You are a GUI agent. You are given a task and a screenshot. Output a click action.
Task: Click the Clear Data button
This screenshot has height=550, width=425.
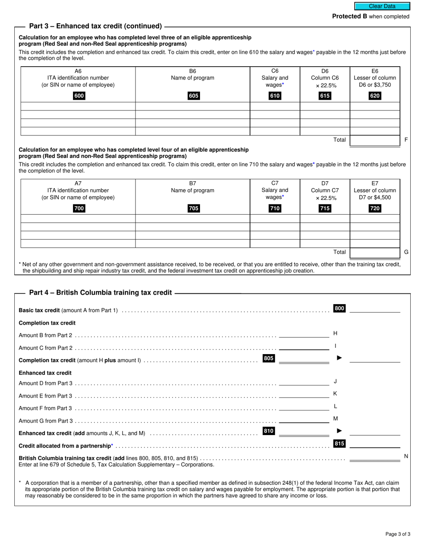[x=382, y=6]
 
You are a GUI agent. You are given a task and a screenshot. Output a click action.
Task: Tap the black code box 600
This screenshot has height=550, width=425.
[x=79, y=96]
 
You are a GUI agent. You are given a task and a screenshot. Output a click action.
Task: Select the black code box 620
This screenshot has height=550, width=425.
[x=374, y=96]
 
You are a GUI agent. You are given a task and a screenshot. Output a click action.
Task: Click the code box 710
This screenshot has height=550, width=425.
[x=275, y=208]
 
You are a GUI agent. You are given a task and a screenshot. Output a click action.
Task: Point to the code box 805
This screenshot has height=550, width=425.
[x=268, y=358]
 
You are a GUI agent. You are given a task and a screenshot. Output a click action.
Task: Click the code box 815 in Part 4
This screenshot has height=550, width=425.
[x=339, y=444]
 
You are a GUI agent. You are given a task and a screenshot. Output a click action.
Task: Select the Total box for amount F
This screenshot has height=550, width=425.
[x=374, y=140]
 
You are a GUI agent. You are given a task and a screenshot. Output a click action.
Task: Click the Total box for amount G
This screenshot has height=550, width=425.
[x=374, y=253]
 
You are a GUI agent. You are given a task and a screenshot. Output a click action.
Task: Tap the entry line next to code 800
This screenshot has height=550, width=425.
[x=374, y=309]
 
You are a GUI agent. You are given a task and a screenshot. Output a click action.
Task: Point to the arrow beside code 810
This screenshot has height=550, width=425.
[x=339, y=431]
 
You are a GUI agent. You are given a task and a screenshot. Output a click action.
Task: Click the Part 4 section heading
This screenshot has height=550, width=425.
[x=100, y=292]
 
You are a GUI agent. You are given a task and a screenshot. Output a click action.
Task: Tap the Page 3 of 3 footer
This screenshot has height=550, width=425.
[x=398, y=534]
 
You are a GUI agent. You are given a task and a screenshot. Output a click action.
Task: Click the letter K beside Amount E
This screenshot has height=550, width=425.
[x=335, y=393]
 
